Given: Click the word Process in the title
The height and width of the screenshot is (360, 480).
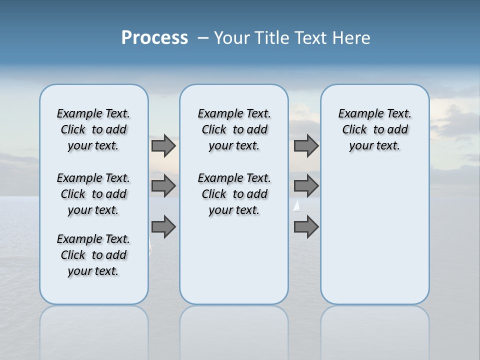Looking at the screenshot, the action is [x=154, y=38].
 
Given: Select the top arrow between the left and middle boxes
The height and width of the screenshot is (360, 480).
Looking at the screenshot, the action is [x=163, y=146].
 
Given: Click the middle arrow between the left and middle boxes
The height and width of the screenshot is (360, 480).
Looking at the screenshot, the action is [x=163, y=186].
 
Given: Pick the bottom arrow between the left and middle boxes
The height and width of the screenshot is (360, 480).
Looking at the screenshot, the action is [x=163, y=227].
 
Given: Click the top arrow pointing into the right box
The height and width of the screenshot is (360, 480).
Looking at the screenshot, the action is [x=306, y=146].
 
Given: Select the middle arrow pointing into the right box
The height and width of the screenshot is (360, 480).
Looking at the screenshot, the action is [x=306, y=186].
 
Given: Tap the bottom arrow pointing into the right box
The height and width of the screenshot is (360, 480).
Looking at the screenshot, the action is [x=306, y=227].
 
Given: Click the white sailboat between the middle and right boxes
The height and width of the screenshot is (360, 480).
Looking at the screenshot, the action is [x=296, y=205].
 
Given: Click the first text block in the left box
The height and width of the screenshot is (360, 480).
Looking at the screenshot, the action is [x=93, y=129].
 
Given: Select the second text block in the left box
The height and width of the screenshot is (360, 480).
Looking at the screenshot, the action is [x=93, y=194].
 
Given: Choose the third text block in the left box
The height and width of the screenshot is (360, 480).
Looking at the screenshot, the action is [x=93, y=255].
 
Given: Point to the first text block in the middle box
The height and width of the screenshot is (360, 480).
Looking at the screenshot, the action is [x=234, y=129].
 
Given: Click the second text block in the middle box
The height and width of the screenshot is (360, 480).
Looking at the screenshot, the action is [x=234, y=194].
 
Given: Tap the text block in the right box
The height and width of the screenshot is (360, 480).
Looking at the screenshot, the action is [x=375, y=129].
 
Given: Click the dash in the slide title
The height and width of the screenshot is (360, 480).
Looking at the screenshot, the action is [x=203, y=38].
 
